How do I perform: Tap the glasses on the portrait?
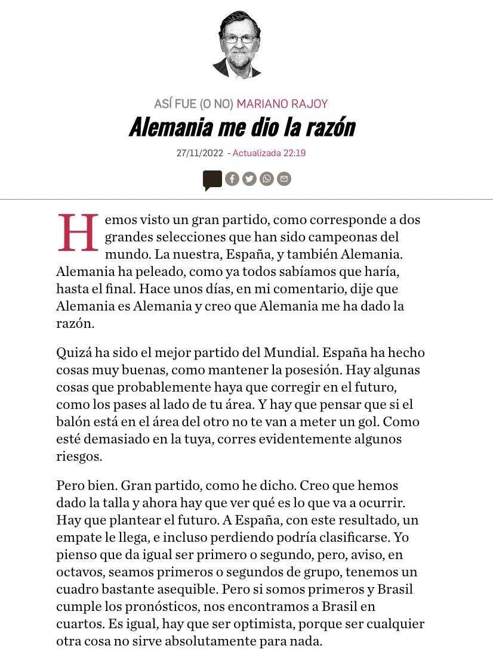point(239,39)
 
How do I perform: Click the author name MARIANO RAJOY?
point(282,104)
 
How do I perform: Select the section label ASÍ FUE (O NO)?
point(193,104)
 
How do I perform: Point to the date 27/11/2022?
point(199,153)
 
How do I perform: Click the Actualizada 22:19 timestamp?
point(269,153)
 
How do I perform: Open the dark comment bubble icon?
point(212,179)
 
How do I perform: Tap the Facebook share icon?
point(232,179)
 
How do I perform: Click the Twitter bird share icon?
point(249,179)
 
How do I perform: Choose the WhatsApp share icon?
point(267,179)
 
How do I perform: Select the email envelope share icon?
point(284,179)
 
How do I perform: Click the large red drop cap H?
point(78,233)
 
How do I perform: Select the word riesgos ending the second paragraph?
point(79,457)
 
